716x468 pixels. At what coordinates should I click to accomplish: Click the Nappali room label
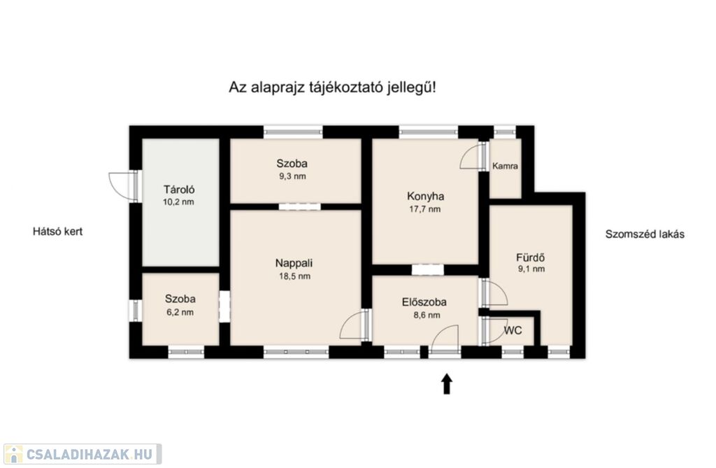point(294,263)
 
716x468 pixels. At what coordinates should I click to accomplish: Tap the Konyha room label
point(426,197)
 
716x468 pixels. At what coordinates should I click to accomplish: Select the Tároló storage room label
point(180,190)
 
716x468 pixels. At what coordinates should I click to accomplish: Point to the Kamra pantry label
point(505,166)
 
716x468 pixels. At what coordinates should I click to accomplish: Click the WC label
point(513,330)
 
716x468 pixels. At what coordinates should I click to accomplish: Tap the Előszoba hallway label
point(424,302)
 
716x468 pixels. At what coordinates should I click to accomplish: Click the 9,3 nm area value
point(293,176)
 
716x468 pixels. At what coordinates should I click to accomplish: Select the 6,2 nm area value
point(180,313)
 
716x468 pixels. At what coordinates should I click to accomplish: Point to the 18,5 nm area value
point(294,276)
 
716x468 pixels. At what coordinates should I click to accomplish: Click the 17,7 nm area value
point(425,209)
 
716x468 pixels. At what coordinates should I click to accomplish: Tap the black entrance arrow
point(447,383)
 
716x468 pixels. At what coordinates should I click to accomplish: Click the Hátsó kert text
point(57,232)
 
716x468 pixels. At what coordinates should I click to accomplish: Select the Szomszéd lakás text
point(645,234)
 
